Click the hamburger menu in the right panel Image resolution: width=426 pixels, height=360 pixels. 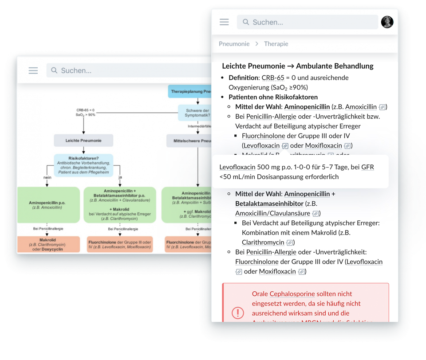click(x=224, y=22)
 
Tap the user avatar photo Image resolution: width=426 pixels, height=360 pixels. click(x=387, y=22)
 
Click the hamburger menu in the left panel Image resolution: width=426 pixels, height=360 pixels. click(x=33, y=70)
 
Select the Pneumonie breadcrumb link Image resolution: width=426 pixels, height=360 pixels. click(x=234, y=44)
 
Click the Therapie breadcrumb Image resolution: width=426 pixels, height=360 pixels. click(x=276, y=44)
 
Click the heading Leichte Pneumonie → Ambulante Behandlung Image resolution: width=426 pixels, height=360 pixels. click(x=297, y=66)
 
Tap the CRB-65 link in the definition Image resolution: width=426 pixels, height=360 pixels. click(x=272, y=78)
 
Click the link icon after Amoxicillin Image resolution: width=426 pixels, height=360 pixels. click(x=383, y=107)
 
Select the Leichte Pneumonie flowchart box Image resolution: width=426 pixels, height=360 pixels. click(x=83, y=141)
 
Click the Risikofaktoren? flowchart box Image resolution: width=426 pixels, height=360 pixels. click(x=83, y=165)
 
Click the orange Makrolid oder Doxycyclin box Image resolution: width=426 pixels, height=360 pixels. click(x=48, y=244)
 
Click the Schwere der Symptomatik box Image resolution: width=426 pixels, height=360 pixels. click(x=197, y=113)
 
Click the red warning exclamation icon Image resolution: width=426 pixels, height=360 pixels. click(x=238, y=313)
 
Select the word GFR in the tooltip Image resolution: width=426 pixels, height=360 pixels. click(x=367, y=167)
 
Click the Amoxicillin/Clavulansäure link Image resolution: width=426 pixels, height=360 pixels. click(x=272, y=213)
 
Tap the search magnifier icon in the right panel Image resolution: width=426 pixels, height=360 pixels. click(x=245, y=22)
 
